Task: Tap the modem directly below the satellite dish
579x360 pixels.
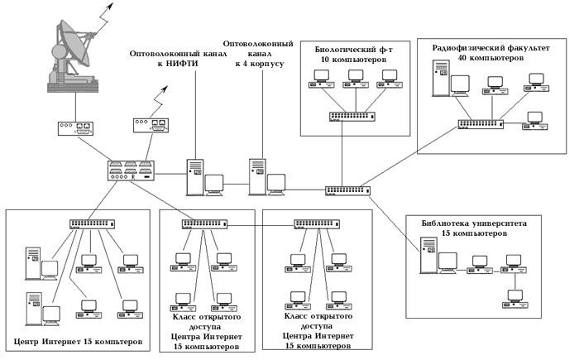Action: [x=75, y=128]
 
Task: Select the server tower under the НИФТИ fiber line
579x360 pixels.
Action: [x=195, y=175]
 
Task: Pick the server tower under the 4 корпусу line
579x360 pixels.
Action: [x=257, y=175]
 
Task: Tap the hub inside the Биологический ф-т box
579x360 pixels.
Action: [x=348, y=116]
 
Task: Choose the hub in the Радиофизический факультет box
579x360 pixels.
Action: [x=482, y=123]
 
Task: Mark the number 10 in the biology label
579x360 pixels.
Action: [x=323, y=60]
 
